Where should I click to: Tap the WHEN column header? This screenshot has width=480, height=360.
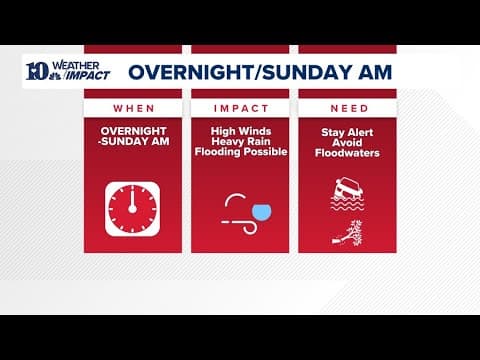(133, 107)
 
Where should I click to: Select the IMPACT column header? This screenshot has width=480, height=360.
(241, 107)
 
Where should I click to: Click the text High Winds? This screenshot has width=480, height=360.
(241, 131)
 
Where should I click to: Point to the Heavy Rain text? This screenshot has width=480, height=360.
(241, 142)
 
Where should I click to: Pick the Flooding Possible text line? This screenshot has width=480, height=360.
(241, 153)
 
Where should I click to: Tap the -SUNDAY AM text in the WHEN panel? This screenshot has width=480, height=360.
(133, 143)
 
